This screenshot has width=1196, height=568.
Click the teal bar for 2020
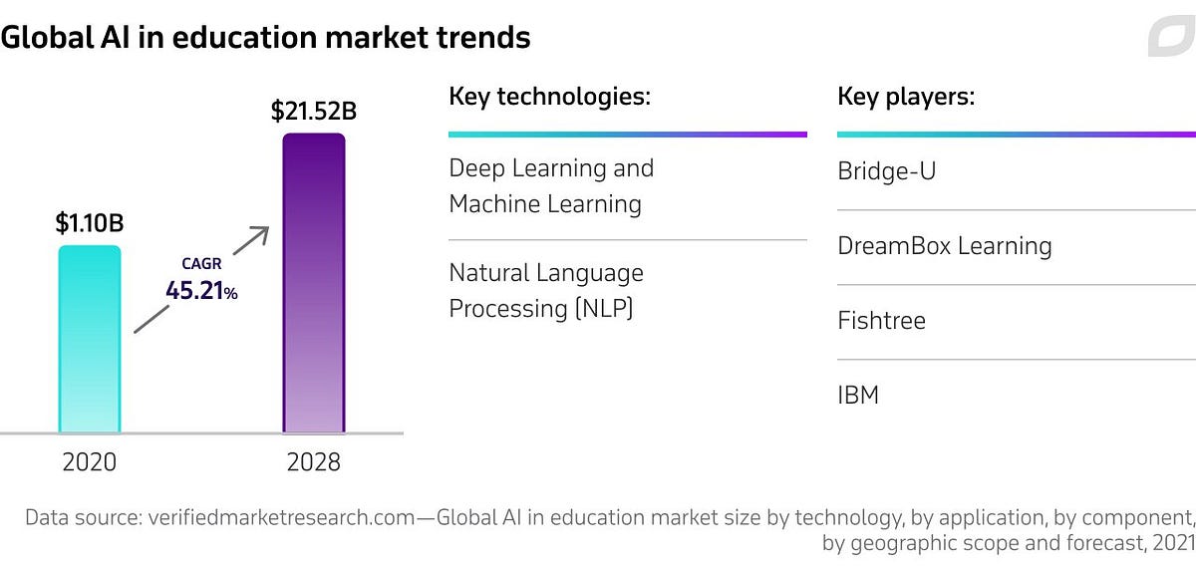90,339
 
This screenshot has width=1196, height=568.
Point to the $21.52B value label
314,111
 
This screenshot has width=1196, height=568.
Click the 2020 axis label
90,462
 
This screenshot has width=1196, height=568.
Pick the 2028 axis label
313,462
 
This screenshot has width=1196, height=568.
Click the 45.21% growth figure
201,291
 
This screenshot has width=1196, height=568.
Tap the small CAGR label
200,264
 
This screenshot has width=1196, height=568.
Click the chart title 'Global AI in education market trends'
265,38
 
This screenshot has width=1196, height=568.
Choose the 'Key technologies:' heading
549,97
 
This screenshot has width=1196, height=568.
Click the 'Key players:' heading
905,97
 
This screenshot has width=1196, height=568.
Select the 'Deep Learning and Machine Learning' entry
551,186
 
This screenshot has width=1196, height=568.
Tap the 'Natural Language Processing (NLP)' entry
546,290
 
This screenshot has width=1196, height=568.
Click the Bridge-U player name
887,171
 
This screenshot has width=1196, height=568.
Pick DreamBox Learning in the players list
944,246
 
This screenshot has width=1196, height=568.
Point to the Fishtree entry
881,321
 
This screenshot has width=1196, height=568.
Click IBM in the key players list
858,396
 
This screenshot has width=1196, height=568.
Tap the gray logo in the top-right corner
1170,38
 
